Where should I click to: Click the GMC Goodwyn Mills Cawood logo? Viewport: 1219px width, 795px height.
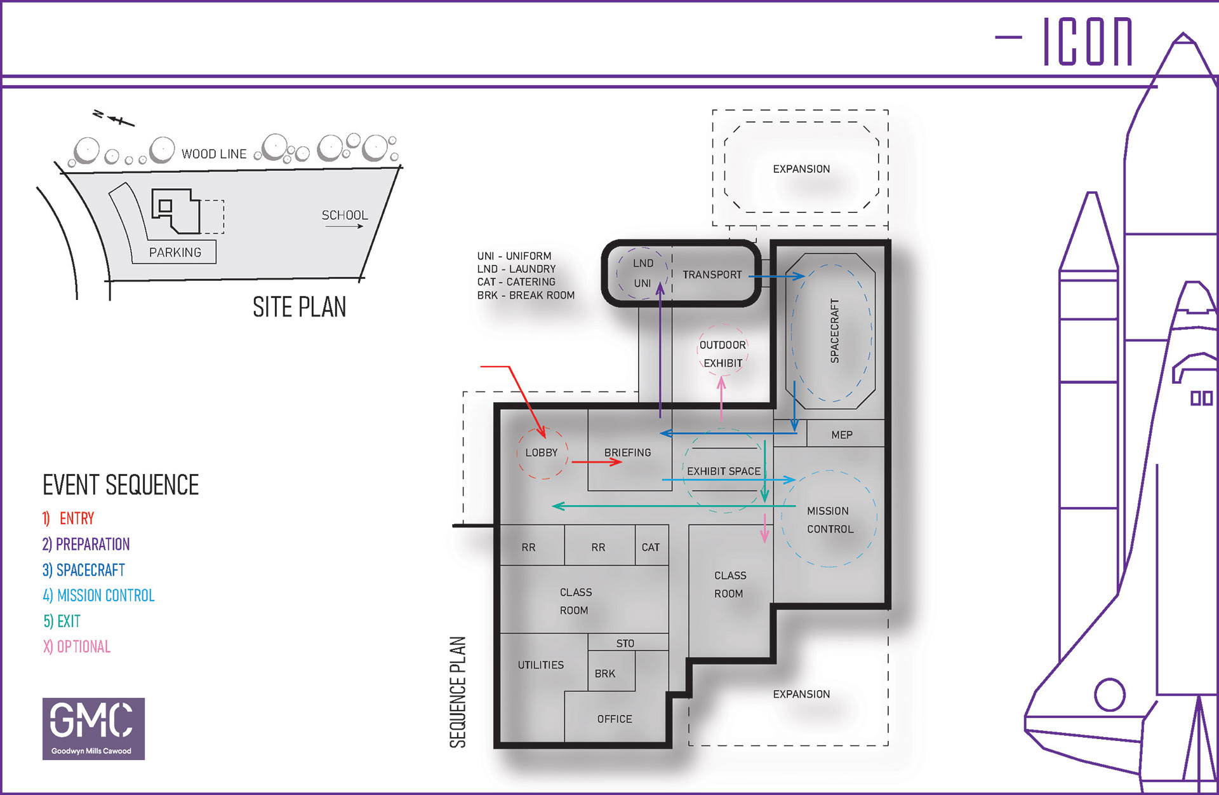pos(93,728)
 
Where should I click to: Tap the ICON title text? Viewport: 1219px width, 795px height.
pos(1088,41)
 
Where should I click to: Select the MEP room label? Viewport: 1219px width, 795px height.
pos(842,435)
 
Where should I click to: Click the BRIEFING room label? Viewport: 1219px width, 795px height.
pos(627,452)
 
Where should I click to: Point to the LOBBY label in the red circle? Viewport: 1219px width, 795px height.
pos(542,452)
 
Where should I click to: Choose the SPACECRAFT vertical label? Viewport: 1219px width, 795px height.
pos(834,331)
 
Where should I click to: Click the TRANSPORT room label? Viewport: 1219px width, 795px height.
pos(712,275)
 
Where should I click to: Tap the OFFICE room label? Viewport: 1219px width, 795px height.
pos(615,719)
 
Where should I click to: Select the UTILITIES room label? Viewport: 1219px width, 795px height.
pos(540,665)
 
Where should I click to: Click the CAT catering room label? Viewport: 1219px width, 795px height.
pos(651,547)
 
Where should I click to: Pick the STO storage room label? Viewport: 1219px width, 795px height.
pos(625,643)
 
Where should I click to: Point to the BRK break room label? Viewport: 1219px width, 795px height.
pos(605,674)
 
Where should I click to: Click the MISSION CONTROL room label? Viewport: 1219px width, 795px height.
pos(830,520)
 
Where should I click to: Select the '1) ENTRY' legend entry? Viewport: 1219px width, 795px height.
pos(68,519)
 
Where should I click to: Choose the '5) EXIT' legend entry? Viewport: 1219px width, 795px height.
pos(62,621)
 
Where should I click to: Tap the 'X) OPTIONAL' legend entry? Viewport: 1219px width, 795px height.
pos(77,646)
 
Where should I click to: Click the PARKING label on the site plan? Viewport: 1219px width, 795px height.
pos(175,252)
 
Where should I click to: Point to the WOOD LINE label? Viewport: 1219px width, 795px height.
pos(214,154)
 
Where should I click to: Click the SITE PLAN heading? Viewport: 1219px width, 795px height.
pos(300,308)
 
